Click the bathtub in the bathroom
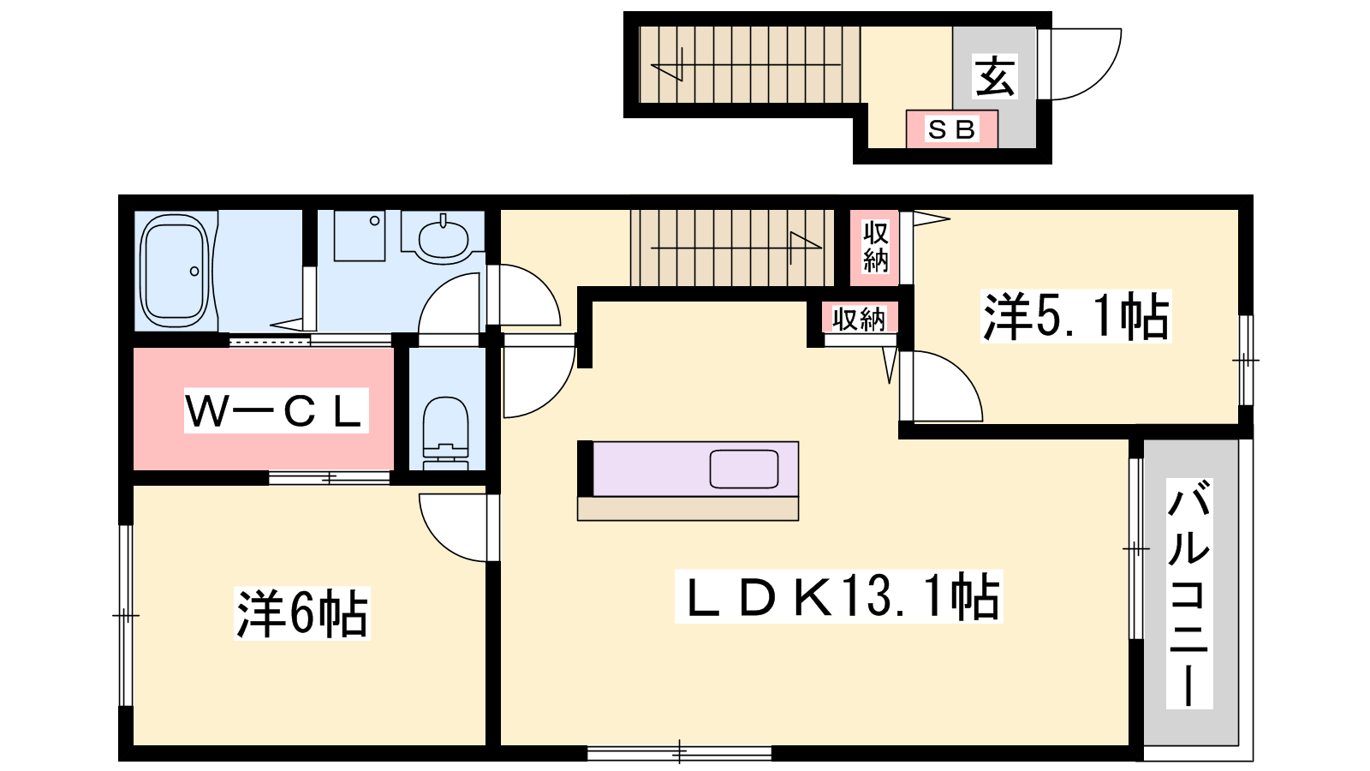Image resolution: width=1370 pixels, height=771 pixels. [x=175, y=271]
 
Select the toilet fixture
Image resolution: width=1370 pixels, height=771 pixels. [x=446, y=433]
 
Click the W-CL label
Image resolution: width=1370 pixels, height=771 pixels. [x=277, y=410]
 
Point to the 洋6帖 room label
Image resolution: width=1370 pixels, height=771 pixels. [x=302, y=613]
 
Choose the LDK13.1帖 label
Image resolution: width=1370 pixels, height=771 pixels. [x=838, y=596]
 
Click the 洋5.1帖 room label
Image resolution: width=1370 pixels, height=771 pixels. [x=1075, y=316]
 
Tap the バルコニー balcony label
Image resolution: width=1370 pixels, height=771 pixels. [x=1189, y=594]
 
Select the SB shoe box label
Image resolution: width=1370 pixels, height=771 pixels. [x=951, y=129]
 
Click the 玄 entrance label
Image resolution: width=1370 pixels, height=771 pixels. [x=995, y=76]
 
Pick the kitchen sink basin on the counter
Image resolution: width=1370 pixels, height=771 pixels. [x=744, y=469]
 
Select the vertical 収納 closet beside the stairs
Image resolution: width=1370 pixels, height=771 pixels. [x=874, y=248]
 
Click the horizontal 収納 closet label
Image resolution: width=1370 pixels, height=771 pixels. [x=859, y=318]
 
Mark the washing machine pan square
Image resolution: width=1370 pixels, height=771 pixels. [x=360, y=236]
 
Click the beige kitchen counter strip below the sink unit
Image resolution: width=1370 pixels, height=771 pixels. [x=688, y=509]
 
